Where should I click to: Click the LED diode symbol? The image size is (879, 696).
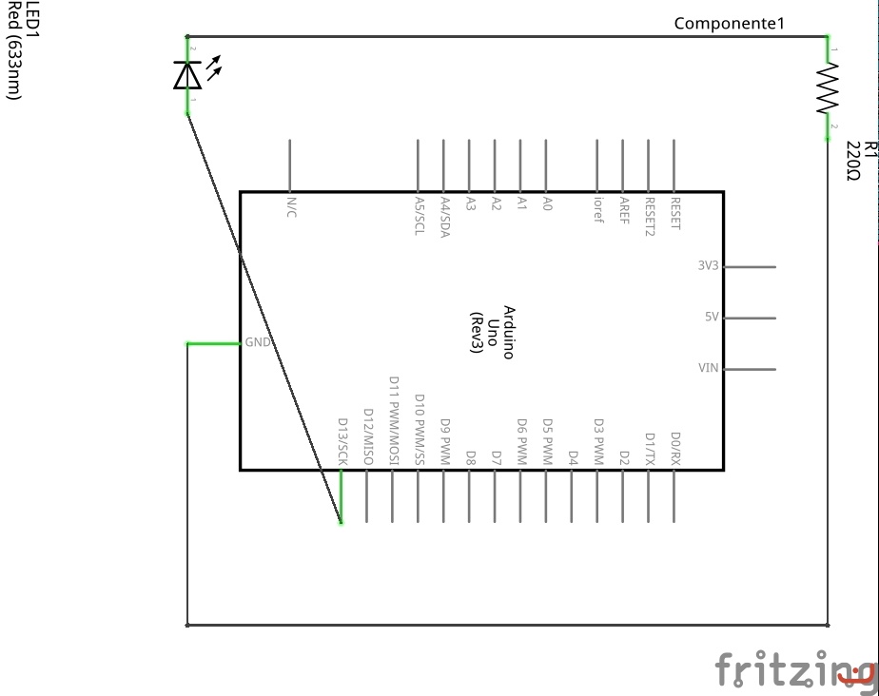click(187, 74)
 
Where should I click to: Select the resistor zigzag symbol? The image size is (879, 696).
click(829, 88)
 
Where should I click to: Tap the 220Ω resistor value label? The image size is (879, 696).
click(852, 161)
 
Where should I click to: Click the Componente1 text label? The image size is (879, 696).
click(729, 24)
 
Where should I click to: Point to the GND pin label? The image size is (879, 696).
click(258, 342)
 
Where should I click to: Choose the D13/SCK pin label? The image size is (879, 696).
click(342, 443)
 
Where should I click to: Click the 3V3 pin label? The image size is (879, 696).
click(708, 266)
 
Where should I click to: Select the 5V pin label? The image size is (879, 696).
click(712, 318)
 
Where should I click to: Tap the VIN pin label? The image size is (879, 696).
click(709, 369)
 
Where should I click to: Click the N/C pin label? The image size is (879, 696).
click(290, 207)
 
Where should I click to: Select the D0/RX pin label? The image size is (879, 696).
click(675, 448)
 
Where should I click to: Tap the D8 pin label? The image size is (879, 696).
click(470, 457)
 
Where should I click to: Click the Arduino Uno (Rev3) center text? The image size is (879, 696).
click(494, 332)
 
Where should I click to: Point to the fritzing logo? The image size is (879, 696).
click(795, 669)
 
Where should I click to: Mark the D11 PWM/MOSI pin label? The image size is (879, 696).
click(393, 421)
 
